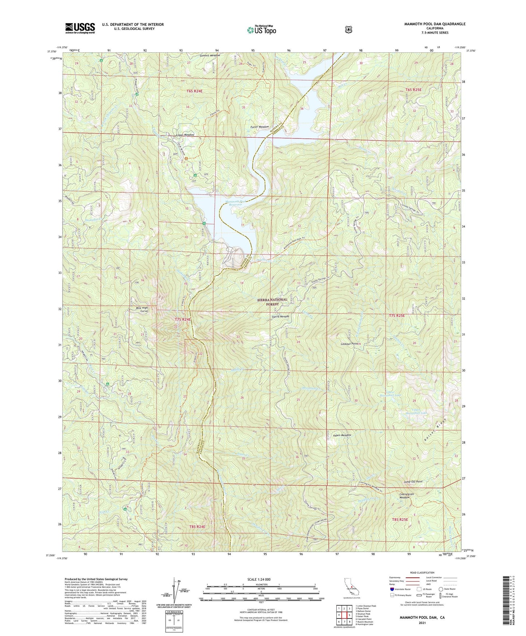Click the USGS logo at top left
(80, 28)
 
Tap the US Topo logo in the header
(261, 30)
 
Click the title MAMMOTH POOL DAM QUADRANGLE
(435, 24)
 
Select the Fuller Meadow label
(260, 127)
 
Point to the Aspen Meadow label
(342, 435)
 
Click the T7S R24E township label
(182, 319)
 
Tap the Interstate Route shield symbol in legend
(392, 589)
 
